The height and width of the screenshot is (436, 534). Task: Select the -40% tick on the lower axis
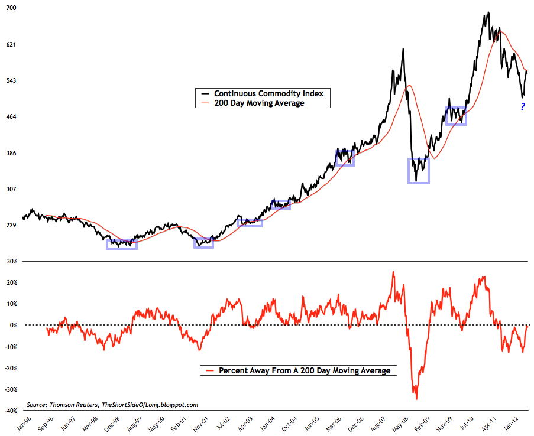11,411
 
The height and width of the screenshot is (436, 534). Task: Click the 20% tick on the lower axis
11,282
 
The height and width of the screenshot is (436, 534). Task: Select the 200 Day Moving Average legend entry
259,103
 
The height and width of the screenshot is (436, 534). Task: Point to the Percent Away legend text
304,371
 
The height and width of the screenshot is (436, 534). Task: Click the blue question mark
523,107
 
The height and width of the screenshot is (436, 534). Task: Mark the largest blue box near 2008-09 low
419,171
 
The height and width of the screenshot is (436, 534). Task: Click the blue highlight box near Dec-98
122,244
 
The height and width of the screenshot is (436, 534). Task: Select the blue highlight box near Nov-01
203,243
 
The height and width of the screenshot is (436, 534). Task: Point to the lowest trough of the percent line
416,399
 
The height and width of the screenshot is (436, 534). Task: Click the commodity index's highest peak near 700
488,12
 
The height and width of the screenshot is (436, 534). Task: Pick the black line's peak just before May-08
403,50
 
